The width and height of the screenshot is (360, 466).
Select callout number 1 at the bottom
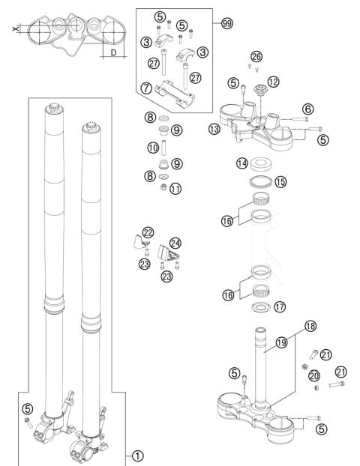click(136, 454)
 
